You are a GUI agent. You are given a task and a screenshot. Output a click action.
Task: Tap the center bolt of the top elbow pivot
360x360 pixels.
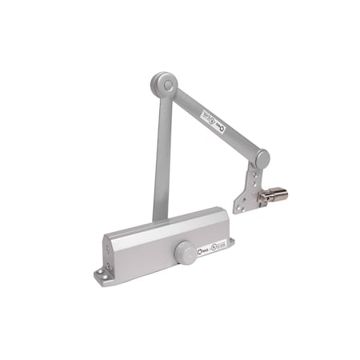(163, 82)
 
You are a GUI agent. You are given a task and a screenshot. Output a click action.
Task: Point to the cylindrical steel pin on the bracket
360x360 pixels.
(277, 195)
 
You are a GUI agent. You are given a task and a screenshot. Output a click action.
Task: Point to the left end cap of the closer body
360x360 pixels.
(113, 252)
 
